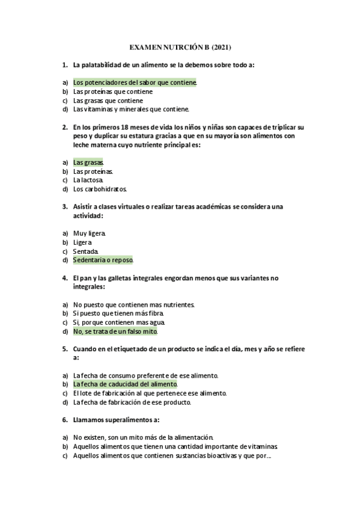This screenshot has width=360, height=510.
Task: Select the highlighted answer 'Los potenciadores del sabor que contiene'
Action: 135,82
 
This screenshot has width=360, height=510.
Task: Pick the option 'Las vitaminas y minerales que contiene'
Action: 131,109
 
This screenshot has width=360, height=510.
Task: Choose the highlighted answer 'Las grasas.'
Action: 88,162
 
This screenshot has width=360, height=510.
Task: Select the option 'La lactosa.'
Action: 88,180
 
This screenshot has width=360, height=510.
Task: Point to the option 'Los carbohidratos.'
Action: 100,189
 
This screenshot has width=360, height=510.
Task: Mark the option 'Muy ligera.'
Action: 90,233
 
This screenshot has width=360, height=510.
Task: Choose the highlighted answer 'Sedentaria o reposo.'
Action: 103,260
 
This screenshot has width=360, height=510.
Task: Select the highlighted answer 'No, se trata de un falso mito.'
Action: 115,331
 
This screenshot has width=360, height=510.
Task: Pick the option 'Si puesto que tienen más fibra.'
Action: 118,313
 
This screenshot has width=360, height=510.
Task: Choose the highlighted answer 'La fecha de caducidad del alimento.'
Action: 126,384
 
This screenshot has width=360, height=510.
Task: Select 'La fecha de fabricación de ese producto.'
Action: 132,402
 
